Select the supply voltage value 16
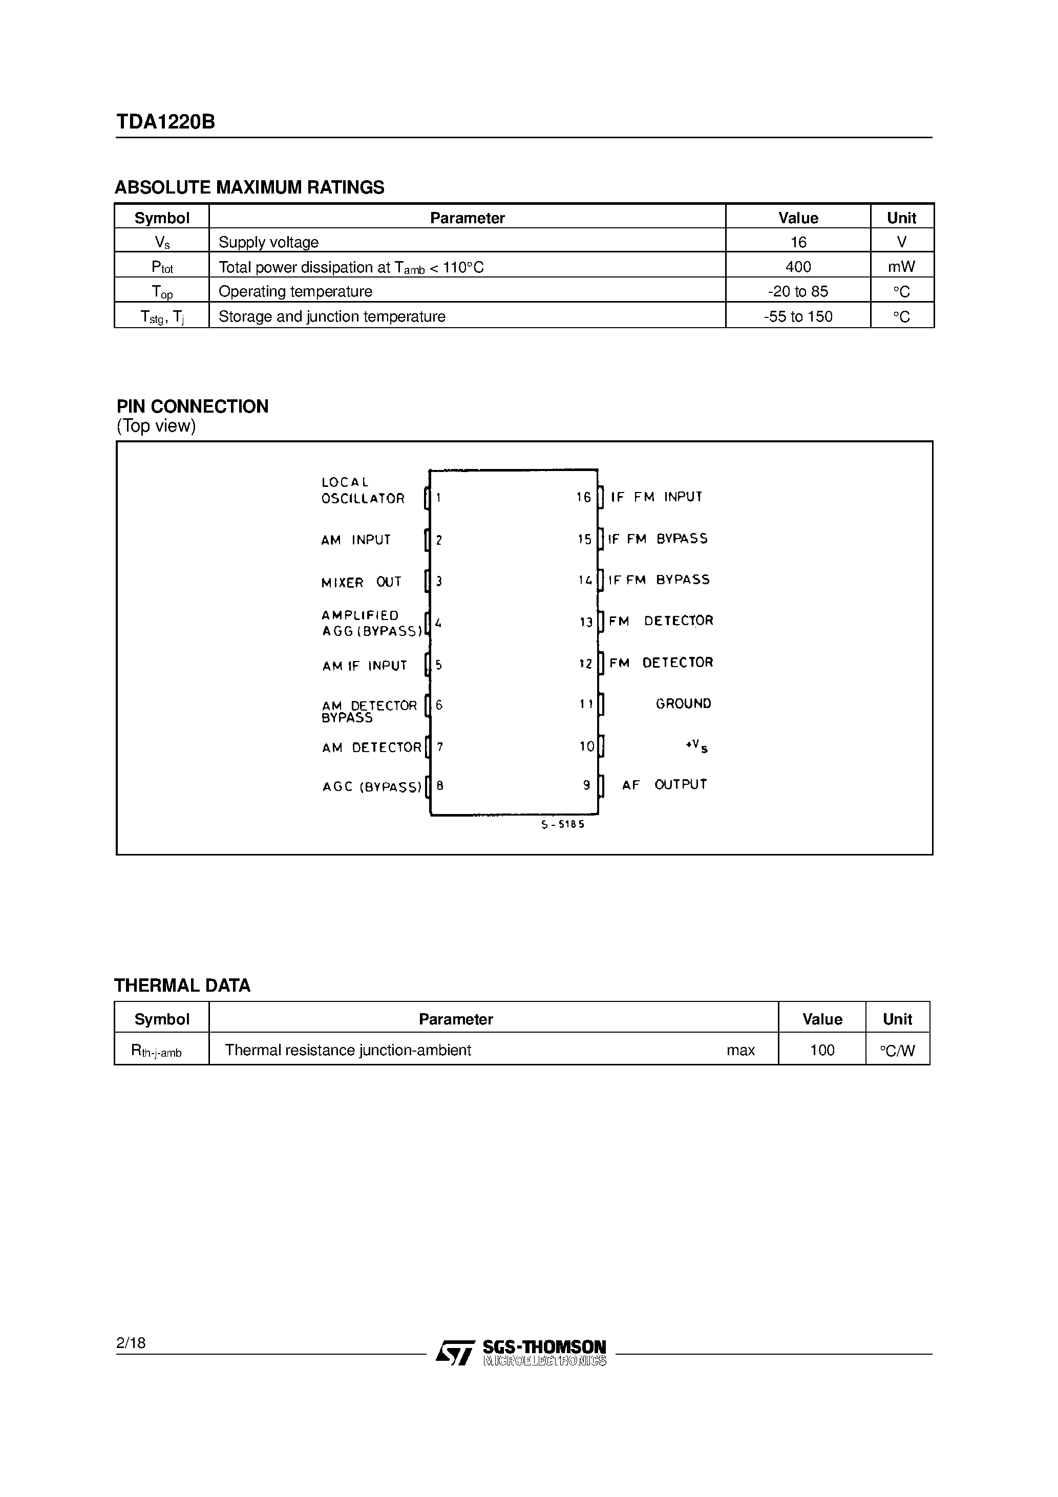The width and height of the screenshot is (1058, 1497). (798, 243)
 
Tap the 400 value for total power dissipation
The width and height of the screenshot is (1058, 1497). (798, 267)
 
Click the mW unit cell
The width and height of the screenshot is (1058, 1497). (901, 267)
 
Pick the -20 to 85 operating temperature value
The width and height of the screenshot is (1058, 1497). (798, 291)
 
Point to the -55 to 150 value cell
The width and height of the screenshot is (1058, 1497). (798, 317)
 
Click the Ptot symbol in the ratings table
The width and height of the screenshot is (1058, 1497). (162, 267)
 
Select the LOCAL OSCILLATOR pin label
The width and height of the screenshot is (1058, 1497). (362, 490)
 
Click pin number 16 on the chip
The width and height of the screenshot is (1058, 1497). (583, 498)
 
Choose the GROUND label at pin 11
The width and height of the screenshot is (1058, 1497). (683, 703)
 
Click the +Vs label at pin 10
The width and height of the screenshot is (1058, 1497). (696, 746)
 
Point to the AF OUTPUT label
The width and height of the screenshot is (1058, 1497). (664, 785)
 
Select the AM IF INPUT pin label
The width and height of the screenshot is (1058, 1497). (364, 666)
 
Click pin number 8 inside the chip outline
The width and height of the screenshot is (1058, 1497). (440, 786)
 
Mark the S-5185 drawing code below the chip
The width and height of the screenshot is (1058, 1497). (562, 825)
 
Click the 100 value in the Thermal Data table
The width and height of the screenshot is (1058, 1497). (822, 1051)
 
